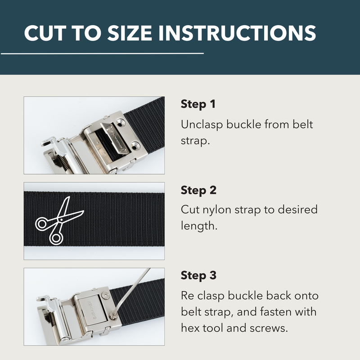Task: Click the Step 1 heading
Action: click(198, 104)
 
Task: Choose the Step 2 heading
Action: click(198, 190)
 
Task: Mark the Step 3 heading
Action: click(198, 275)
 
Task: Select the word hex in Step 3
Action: click(190, 328)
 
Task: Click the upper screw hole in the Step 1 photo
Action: click(119, 122)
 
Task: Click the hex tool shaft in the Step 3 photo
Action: click(135, 288)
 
